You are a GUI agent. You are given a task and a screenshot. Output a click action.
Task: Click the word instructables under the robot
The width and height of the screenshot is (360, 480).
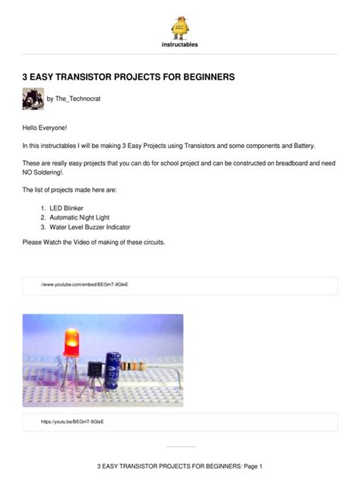pos(180,45)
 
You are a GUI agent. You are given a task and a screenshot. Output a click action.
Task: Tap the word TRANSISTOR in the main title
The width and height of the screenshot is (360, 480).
pos(93,77)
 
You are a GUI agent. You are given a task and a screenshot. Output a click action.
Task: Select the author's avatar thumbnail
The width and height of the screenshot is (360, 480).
pos(33,99)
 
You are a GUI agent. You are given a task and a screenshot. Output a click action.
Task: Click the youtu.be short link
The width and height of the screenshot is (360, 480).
pos(73,421)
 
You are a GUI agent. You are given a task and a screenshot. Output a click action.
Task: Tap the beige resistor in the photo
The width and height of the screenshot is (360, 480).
pos(137,366)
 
